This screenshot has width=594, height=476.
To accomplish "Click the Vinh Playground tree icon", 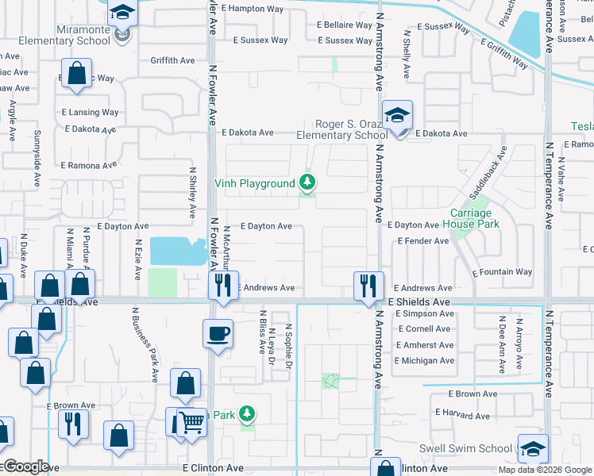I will (306, 183).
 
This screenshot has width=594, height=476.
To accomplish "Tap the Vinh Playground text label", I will (255, 184).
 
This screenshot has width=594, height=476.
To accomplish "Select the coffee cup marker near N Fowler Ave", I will (218, 332).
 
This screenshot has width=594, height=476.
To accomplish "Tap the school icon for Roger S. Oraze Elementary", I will (395, 116).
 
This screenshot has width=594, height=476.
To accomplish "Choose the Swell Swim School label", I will (465, 448).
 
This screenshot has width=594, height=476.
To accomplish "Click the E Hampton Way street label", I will (253, 9).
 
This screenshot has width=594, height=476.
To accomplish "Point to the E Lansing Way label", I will (90, 113).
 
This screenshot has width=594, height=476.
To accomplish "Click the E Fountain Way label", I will (502, 272).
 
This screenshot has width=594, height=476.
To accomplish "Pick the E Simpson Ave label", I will (424, 313).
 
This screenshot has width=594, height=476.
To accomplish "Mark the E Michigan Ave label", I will (424, 361).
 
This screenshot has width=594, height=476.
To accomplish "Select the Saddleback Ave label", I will (487, 175).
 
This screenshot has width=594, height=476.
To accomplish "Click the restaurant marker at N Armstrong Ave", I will (368, 286).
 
